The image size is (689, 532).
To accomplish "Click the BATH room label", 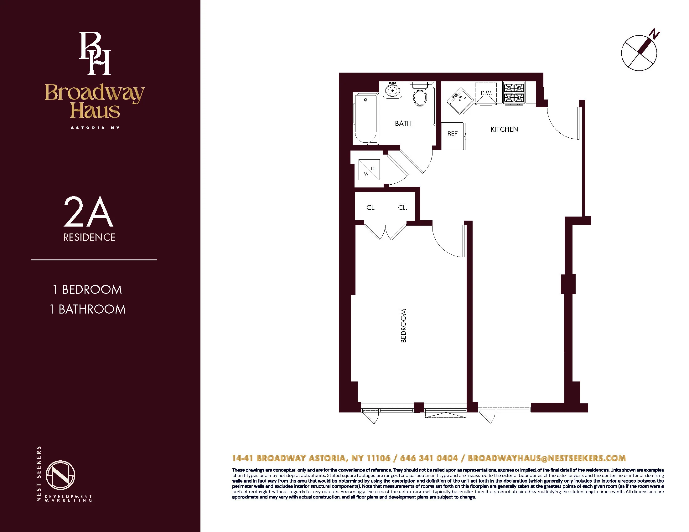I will click(403, 123).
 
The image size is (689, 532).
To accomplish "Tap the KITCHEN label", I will click(504, 129).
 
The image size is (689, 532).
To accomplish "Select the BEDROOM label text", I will click(403, 325).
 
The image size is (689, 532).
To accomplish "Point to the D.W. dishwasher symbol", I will click(486, 93).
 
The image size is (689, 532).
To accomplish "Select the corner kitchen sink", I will click(460, 100).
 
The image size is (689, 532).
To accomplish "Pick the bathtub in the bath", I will click(366, 119).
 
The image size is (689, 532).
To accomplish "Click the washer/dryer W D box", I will click(369, 170).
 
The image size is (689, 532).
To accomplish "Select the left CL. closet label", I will click(371, 208).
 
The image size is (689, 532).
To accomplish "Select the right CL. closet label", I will click(402, 208).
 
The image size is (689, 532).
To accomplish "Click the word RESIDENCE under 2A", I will click(89, 237).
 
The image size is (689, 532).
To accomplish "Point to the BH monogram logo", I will click(95, 54).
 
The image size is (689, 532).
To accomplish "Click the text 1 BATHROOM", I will click(88, 309).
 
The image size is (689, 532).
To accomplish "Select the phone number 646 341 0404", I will click(428, 458).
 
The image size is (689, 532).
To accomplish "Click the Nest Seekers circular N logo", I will click(60, 475).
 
